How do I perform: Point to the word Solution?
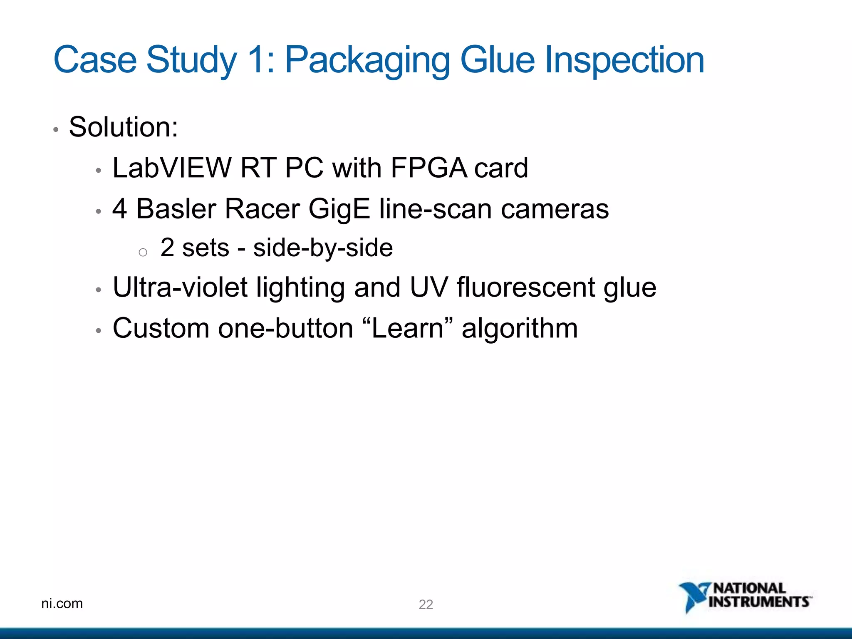tap(123, 127)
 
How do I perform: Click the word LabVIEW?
tap(172, 168)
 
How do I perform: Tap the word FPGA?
tap(428, 168)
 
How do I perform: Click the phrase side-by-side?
tap(323, 248)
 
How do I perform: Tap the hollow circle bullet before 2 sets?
tap(143, 252)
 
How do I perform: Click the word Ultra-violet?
tap(180, 287)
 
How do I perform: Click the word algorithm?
tap(520, 329)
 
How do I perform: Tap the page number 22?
tap(426, 604)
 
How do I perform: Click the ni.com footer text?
tap(62, 603)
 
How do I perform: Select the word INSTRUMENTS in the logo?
tap(759, 602)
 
